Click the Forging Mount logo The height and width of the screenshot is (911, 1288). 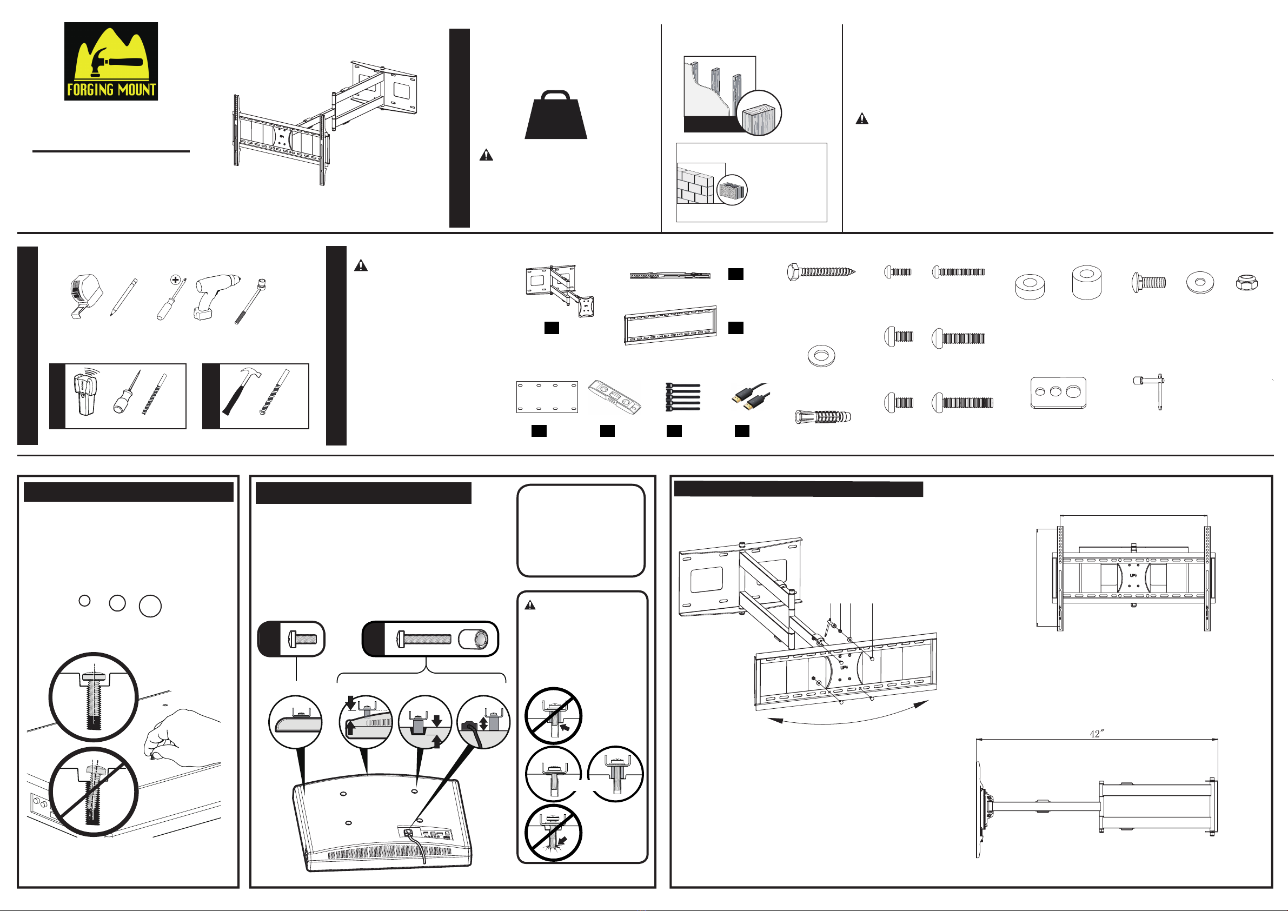(x=111, y=62)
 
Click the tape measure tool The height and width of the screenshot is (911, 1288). (x=85, y=296)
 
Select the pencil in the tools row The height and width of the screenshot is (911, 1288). (x=124, y=297)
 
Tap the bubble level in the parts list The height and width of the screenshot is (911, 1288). (x=614, y=396)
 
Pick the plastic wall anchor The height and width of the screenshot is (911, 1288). (x=823, y=417)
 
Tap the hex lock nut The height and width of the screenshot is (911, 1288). (x=1246, y=282)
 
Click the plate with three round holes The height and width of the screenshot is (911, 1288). (x=1058, y=393)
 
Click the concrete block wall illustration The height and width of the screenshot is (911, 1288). (x=695, y=183)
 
